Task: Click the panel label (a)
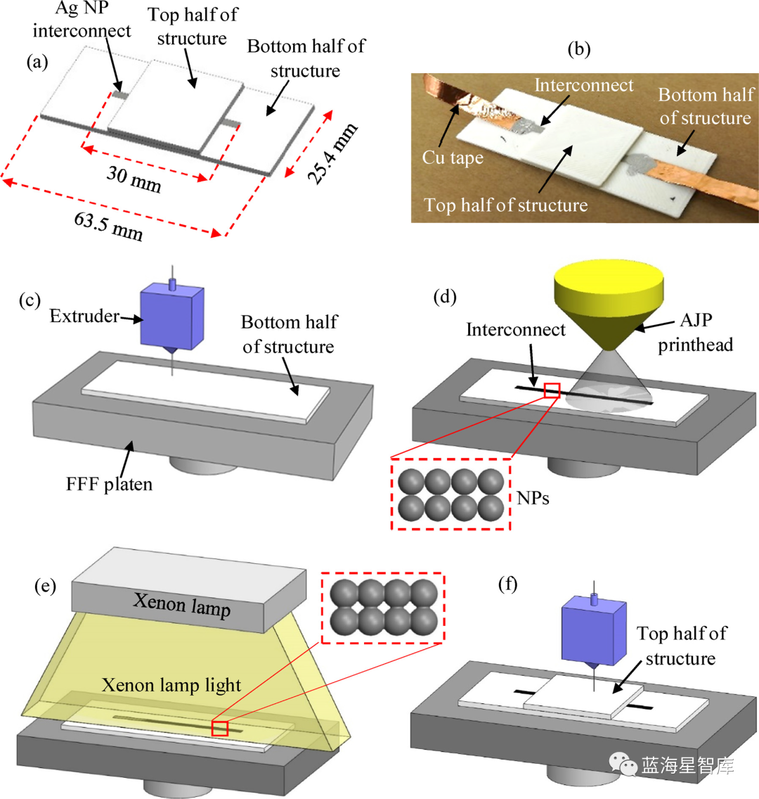pyautogui.click(x=37, y=62)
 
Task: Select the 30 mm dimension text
pyautogui.click(x=134, y=179)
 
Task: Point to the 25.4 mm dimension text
pyautogui.click(x=333, y=153)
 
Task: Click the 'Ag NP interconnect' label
pyautogui.click(x=82, y=20)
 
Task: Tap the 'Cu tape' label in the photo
pyautogui.click(x=453, y=158)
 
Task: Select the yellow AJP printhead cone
pyautogui.click(x=608, y=295)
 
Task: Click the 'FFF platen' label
pyautogui.click(x=109, y=485)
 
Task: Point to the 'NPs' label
pyautogui.click(x=533, y=499)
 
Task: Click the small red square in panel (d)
pyautogui.click(x=552, y=390)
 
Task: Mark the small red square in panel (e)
pyautogui.click(x=220, y=729)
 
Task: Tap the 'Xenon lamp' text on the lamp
pyautogui.click(x=182, y=604)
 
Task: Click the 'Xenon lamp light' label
pyautogui.click(x=171, y=685)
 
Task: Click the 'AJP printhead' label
pyautogui.click(x=696, y=332)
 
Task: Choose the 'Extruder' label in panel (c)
pyautogui.click(x=84, y=317)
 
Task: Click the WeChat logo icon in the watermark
pyautogui.click(x=622, y=762)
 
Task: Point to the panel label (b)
pyautogui.click(x=578, y=49)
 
